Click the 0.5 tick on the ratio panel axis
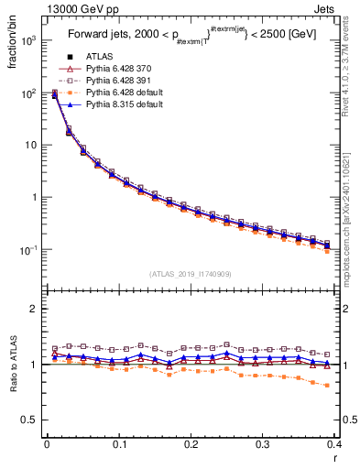pyautogui.click(x=33, y=420)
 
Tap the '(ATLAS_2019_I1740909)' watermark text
pyautogui.click(x=191, y=274)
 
